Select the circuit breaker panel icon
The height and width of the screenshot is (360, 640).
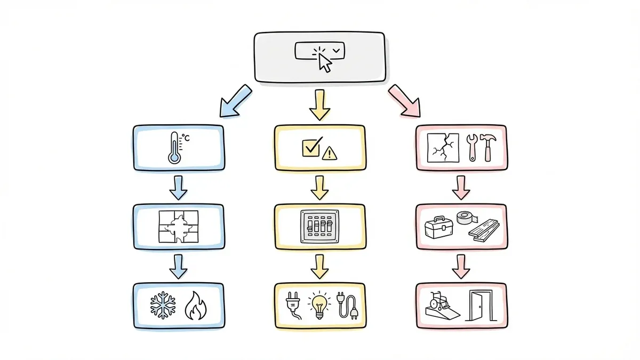point(319,227)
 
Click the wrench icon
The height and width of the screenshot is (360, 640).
point(471,147)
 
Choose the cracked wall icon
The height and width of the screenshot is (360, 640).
point(443,148)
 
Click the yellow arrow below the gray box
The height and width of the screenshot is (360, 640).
point(319,104)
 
